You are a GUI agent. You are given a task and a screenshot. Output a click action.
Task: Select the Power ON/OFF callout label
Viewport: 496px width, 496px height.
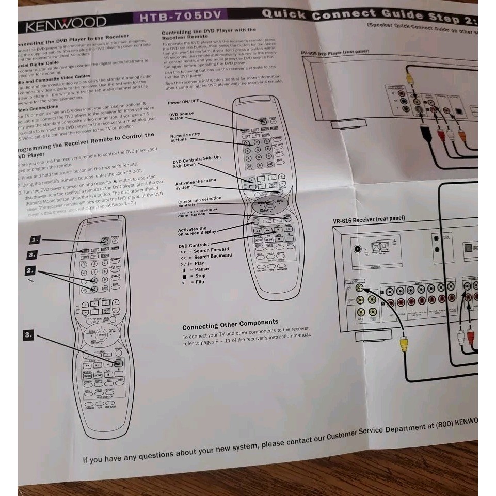(x=183, y=102)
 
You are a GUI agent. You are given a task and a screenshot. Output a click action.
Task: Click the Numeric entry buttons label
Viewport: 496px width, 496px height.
(x=185, y=137)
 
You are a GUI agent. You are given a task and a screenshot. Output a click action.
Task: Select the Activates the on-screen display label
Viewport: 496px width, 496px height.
(x=197, y=231)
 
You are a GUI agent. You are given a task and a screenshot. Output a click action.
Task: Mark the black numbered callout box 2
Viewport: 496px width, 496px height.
(x=31, y=270)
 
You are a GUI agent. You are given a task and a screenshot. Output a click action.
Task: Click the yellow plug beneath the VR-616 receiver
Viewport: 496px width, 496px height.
(x=404, y=343)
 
